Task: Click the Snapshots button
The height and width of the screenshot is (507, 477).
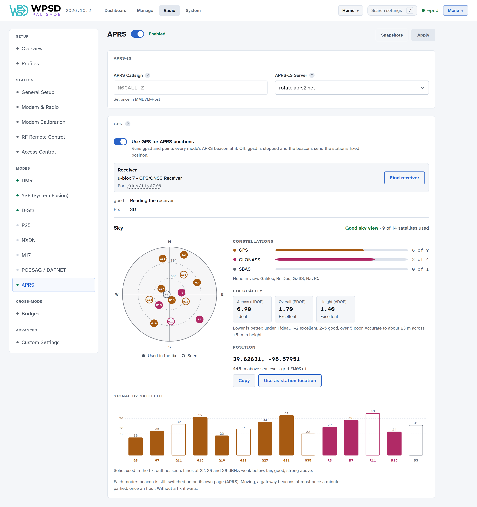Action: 392,35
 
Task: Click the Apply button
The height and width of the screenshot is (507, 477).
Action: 423,35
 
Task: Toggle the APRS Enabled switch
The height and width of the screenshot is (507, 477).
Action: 137,34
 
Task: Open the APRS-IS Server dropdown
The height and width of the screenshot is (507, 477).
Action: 352,88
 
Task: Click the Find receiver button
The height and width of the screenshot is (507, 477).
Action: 404,178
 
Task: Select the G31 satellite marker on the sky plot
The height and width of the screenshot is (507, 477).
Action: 162,259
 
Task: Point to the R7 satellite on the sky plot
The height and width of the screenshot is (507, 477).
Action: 200,319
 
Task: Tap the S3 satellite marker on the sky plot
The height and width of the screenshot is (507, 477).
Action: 166,294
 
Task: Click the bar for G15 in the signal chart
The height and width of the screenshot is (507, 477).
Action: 200,436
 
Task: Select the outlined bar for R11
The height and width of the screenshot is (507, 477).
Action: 372,434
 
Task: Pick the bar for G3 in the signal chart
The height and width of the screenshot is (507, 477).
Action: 135,446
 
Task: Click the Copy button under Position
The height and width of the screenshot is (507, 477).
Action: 244,380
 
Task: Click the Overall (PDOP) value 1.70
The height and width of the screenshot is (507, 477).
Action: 285,309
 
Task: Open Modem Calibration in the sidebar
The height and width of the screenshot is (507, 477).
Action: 43,122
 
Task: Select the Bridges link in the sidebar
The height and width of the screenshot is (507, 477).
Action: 30,314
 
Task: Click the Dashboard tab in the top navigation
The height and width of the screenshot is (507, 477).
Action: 115,10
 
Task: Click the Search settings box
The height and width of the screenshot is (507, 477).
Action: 392,10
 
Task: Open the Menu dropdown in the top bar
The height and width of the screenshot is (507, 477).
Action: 455,10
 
